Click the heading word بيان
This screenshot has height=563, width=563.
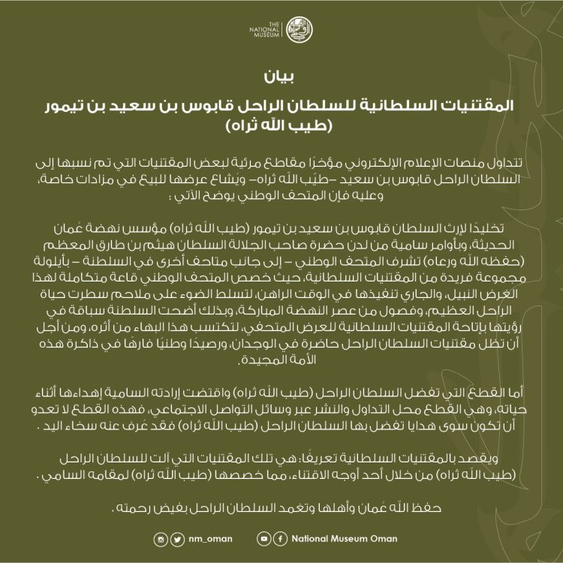click(x=281, y=78)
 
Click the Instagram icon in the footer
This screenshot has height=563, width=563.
click(x=161, y=539)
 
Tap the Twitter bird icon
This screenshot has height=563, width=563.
click(x=176, y=539)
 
